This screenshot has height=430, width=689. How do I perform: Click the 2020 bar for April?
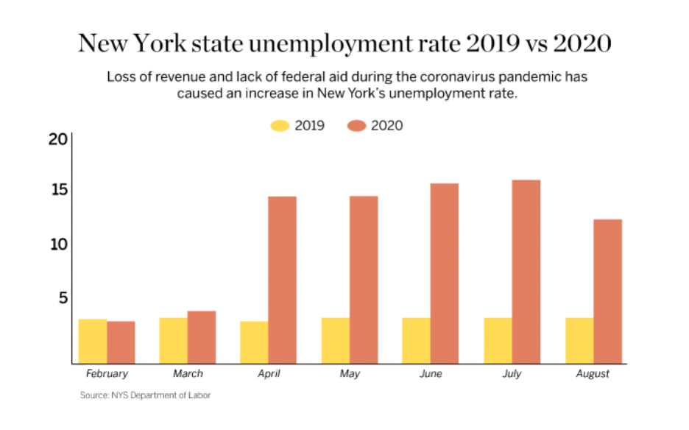[282, 280]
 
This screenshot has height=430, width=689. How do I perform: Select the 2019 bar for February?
[93, 341]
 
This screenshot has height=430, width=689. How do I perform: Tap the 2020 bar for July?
[526, 272]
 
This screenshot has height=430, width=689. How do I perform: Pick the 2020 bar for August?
[607, 291]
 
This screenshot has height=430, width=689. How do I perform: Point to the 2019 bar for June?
[416, 340]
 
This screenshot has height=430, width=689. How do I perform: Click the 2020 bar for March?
[201, 337]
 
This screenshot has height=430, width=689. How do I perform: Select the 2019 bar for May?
[335, 340]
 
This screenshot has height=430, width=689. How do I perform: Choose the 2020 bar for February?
[121, 342]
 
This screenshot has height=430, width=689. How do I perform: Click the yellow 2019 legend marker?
[280, 126]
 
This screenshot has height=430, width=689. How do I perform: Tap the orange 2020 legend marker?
[356, 126]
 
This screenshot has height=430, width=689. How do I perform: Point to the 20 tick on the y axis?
[58, 140]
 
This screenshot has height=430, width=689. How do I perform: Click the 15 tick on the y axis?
[58, 190]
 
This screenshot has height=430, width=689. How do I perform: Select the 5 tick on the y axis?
[63, 298]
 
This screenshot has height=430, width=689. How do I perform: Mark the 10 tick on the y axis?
[58, 244]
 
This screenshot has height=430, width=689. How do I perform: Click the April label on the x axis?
[269, 374]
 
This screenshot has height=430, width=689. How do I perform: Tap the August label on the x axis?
[593, 374]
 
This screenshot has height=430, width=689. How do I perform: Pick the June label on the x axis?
[431, 374]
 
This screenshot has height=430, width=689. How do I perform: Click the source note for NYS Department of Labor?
[145, 395]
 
